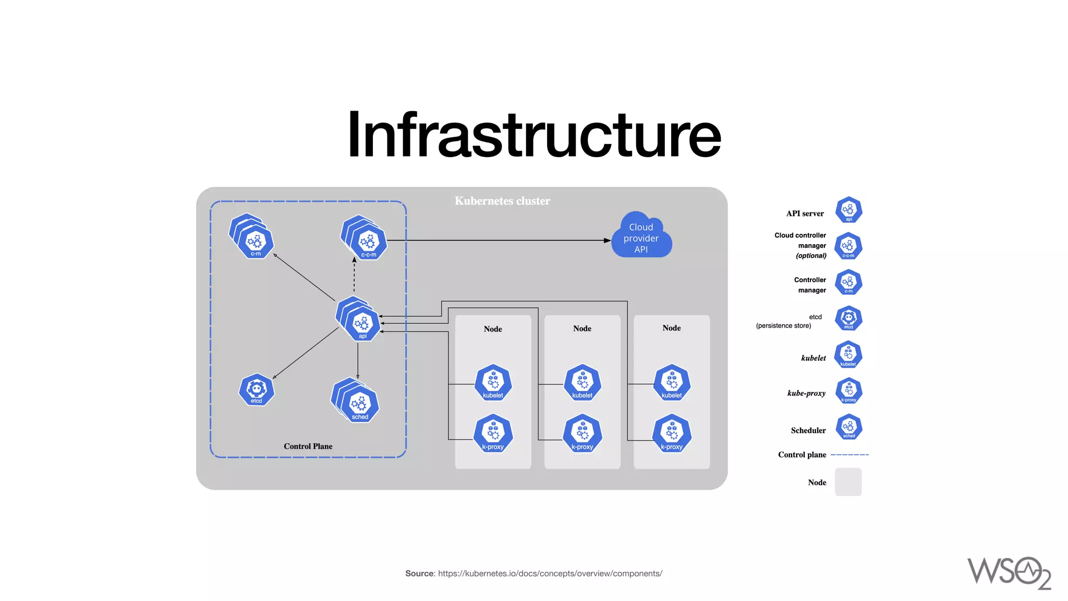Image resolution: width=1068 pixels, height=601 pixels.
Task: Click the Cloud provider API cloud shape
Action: (641, 238)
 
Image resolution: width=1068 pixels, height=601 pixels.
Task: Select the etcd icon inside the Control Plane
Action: (256, 390)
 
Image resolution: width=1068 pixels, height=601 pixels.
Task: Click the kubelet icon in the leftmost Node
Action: (493, 382)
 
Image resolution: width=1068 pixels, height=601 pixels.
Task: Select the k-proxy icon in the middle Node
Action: (582, 433)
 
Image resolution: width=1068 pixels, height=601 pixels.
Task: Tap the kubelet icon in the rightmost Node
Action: (672, 382)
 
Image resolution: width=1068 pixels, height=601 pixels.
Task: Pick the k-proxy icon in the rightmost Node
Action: (672, 433)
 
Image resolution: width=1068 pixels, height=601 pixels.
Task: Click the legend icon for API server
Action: (848, 210)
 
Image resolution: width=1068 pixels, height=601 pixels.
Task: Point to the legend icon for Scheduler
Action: (848, 427)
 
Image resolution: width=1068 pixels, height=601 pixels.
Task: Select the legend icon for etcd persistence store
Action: (848, 318)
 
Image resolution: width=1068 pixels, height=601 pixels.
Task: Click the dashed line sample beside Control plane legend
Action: (849, 455)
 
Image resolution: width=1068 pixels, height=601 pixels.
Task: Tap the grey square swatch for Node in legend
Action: (848, 482)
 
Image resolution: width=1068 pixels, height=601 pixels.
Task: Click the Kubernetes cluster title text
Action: (502, 201)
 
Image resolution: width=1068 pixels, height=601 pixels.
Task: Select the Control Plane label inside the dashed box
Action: (308, 446)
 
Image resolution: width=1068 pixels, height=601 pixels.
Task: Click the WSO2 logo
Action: (1009, 572)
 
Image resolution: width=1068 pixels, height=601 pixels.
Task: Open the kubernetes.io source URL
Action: (550, 573)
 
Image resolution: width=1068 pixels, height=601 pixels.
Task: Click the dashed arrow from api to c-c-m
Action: (354, 275)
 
